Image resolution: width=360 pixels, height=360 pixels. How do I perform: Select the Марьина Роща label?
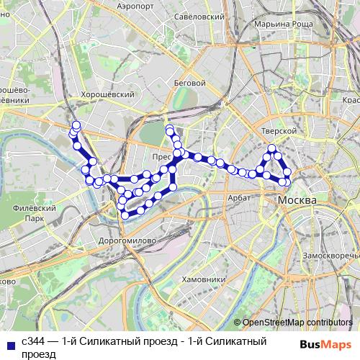[x=286, y=24]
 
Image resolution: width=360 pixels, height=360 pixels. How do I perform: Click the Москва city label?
[x=297, y=199]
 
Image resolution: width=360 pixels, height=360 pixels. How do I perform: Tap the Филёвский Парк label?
[x=29, y=212]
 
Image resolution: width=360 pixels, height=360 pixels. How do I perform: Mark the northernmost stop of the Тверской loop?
[x=272, y=149]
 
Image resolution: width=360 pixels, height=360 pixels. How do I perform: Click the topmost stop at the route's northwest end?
[x=76, y=125]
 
